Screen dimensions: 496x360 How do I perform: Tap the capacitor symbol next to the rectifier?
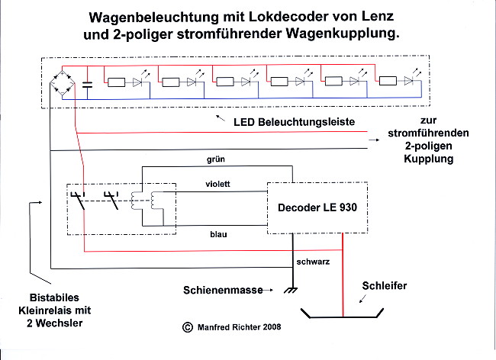(x=87, y=85)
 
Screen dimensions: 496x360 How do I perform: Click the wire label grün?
(x=216, y=159)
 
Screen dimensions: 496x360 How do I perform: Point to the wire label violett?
(x=217, y=184)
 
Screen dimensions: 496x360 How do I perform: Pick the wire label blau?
(x=218, y=234)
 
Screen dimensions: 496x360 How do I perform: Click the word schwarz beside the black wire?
(x=313, y=262)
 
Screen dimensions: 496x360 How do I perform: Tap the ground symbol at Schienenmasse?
(x=291, y=290)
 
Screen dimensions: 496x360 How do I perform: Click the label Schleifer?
(x=385, y=286)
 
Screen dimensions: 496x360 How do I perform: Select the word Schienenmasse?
(x=223, y=290)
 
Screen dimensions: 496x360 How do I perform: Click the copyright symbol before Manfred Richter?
(x=188, y=327)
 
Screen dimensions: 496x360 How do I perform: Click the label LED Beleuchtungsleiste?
(x=295, y=122)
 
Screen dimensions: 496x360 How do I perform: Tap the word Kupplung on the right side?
(x=429, y=159)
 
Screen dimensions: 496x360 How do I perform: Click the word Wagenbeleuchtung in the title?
(x=153, y=18)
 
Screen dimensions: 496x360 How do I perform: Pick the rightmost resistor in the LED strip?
(x=388, y=81)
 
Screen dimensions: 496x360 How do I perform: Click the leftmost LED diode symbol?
(x=137, y=82)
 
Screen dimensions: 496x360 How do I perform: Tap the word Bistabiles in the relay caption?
(x=54, y=297)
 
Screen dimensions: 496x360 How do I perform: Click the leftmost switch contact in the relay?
(x=79, y=201)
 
